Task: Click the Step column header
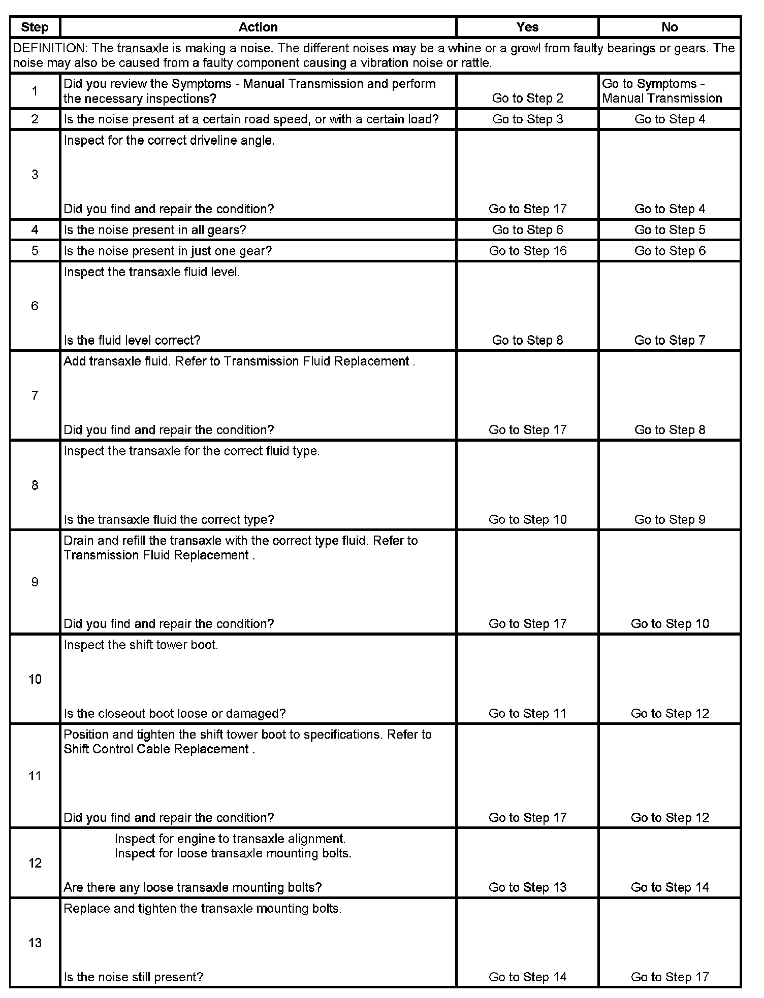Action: point(35,27)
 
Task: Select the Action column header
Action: point(258,27)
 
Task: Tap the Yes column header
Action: point(527,27)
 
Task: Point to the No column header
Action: point(670,27)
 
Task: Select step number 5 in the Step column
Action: point(35,251)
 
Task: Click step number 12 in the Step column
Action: point(35,863)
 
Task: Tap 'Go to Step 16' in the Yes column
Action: point(527,251)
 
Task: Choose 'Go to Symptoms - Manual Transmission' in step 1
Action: point(662,91)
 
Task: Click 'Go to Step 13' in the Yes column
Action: point(527,887)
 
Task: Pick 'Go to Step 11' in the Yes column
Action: point(527,713)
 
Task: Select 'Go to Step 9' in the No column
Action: point(670,519)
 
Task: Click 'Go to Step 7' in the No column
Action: point(670,340)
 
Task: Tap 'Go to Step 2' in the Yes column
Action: point(527,98)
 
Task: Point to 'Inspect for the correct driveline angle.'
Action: point(169,141)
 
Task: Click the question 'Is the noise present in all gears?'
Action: point(155,230)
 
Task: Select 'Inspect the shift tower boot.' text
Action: point(141,645)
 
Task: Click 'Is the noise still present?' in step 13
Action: point(133,977)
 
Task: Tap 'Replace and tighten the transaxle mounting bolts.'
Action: point(202,909)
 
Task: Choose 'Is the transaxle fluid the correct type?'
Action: point(169,519)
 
